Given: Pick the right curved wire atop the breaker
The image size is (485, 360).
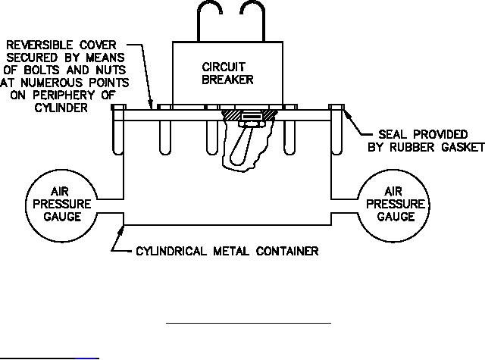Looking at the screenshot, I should (x=255, y=19).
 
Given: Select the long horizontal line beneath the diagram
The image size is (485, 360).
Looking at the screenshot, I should (x=249, y=323).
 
